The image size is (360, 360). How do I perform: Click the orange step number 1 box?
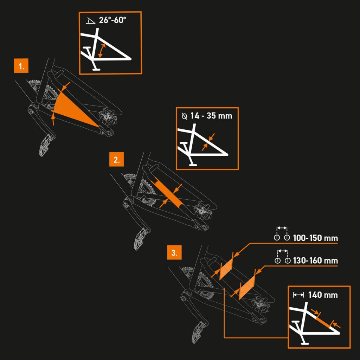[21, 66]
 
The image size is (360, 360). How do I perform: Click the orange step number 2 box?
[116, 159]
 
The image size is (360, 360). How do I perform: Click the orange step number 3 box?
[174, 252]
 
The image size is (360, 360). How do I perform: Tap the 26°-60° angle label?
[112, 20]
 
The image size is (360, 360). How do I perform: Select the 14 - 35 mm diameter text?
[211, 116]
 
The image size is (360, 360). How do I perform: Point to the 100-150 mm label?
[315, 238]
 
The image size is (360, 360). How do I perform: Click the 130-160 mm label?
[315, 261]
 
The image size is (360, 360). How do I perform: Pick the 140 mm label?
[323, 295]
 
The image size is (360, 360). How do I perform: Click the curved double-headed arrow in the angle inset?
[102, 51]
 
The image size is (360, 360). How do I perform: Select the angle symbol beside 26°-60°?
[90, 21]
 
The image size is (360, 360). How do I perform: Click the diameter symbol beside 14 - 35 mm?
[184, 116]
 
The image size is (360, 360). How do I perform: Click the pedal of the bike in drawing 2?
[141, 239]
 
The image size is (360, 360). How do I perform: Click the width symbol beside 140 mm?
[298, 295]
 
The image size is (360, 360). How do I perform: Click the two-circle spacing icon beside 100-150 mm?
[282, 234]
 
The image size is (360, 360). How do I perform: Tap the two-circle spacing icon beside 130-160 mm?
[283, 256]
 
